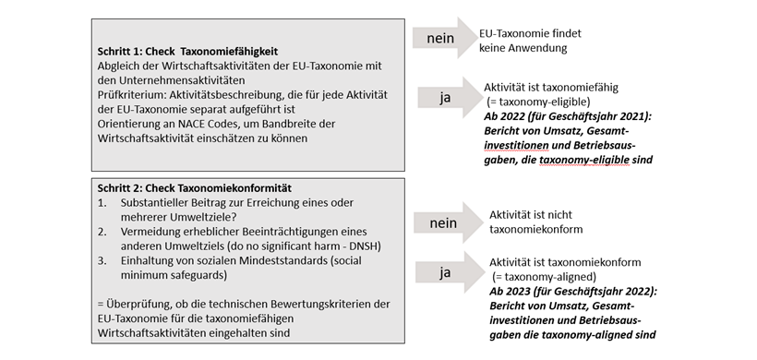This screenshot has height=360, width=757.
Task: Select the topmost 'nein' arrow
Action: pos(440,39)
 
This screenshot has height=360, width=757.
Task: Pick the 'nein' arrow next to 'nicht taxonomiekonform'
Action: pos(440,222)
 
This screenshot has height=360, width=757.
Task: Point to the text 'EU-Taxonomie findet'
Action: pos(528,33)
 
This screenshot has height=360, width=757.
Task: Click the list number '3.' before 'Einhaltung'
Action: pos(102,262)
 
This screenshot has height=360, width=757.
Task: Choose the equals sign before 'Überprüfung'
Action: pos(101,304)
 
